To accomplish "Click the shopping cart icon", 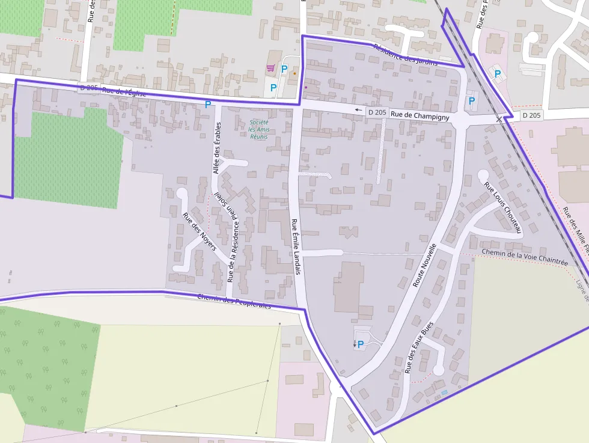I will click(x=270, y=69).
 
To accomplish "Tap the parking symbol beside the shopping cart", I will click(x=284, y=69).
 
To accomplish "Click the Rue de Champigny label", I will click(x=420, y=116).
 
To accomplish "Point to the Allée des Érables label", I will click(x=217, y=148).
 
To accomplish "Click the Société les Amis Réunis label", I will click(x=260, y=129).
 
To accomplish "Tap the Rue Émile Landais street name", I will click(x=295, y=246).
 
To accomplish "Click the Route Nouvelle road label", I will click(x=424, y=264).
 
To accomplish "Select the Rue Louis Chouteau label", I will click(x=504, y=206).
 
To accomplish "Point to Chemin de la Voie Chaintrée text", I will click(x=525, y=257).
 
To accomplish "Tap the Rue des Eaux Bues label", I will click(x=419, y=347).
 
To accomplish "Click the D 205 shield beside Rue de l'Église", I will click(x=88, y=88).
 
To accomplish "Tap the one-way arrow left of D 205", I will click(x=359, y=110).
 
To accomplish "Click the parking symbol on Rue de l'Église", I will click(x=208, y=105).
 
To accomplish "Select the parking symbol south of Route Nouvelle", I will click(x=361, y=344).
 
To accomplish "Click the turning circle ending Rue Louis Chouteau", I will click(x=483, y=175).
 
